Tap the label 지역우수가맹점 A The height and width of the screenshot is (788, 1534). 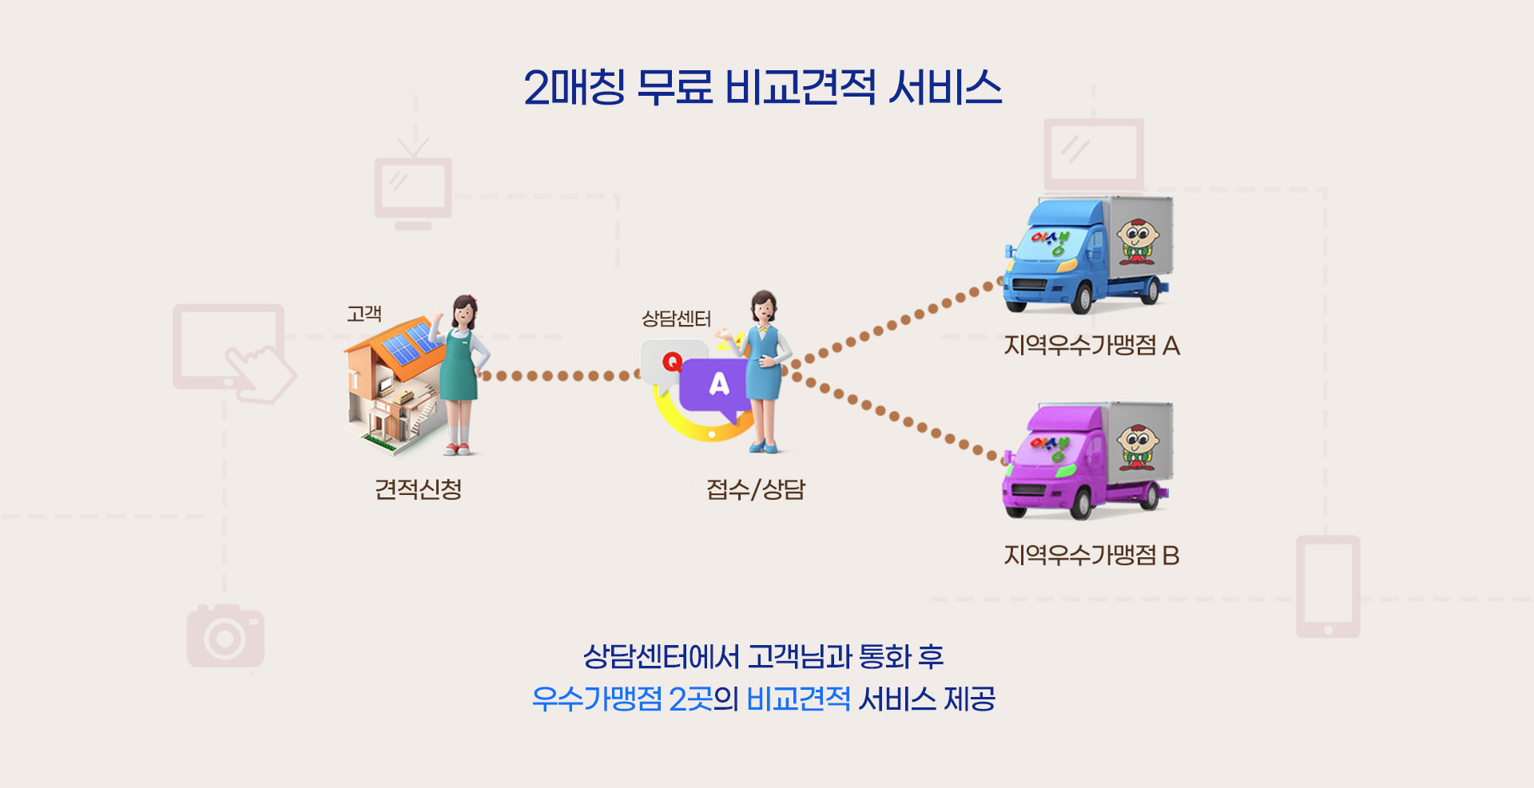(x=1091, y=346)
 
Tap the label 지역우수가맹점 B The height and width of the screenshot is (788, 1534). (x=1091, y=555)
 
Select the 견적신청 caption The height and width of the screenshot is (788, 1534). (x=418, y=489)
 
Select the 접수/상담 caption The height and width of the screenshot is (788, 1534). (x=756, y=489)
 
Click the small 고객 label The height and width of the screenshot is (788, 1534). (x=364, y=314)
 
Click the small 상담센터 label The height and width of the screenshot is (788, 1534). (x=676, y=319)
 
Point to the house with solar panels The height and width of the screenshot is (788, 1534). (x=391, y=383)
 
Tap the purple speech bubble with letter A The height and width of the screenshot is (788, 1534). (x=717, y=387)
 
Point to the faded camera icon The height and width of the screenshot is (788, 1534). (x=225, y=636)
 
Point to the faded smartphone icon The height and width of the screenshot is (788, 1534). (x=1328, y=586)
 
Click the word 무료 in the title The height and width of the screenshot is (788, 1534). (x=674, y=86)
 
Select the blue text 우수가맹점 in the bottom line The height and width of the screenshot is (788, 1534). (x=597, y=699)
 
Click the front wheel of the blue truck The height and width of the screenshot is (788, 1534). (x=1081, y=299)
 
